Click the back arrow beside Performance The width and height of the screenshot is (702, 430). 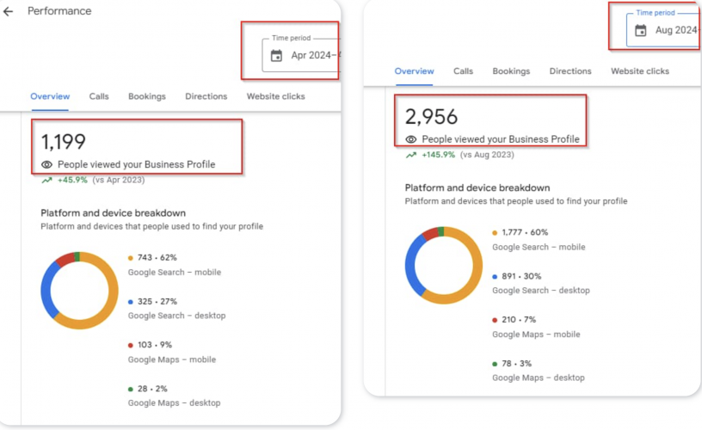(x=9, y=12)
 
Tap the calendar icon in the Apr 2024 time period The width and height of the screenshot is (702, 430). (x=276, y=56)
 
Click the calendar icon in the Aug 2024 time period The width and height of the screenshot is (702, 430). (x=641, y=30)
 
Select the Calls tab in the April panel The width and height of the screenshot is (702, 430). (x=99, y=96)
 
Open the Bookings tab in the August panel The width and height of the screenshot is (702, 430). (x=511, y=71)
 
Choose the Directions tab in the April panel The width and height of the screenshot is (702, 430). (x=206, y=96)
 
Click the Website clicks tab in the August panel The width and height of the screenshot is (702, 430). (x=640, y=71)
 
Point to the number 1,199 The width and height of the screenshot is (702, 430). (x=64, y=142)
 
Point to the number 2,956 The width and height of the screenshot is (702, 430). (x=431, y=116)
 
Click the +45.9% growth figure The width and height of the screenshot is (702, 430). (x=73, y=180)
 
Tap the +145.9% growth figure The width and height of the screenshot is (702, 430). (x=438, y=155)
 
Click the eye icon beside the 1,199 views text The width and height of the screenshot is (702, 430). (x=46, y=164)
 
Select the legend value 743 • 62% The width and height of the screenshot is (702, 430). (x=156, y=258)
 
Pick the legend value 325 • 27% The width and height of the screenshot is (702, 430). (x=156, y=302)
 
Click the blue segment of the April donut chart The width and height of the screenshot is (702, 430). (x=49, y=288)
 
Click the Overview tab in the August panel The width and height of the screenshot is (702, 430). (x=414, y=71)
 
